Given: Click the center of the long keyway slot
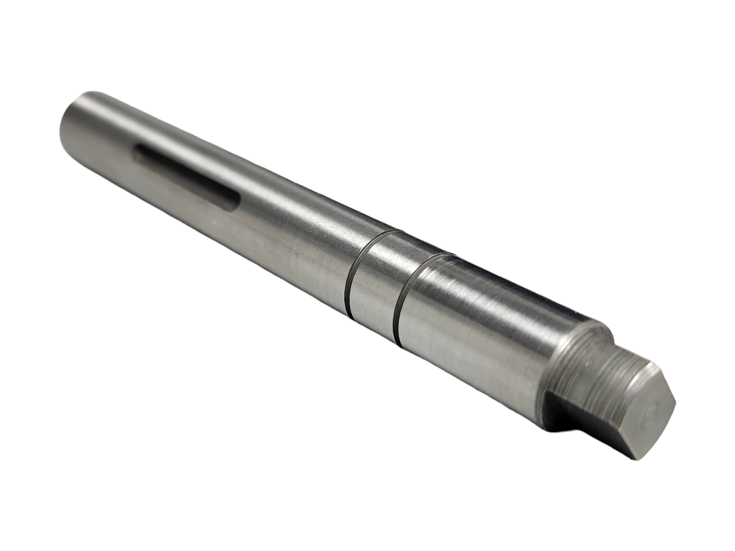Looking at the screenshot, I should (185, 176).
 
